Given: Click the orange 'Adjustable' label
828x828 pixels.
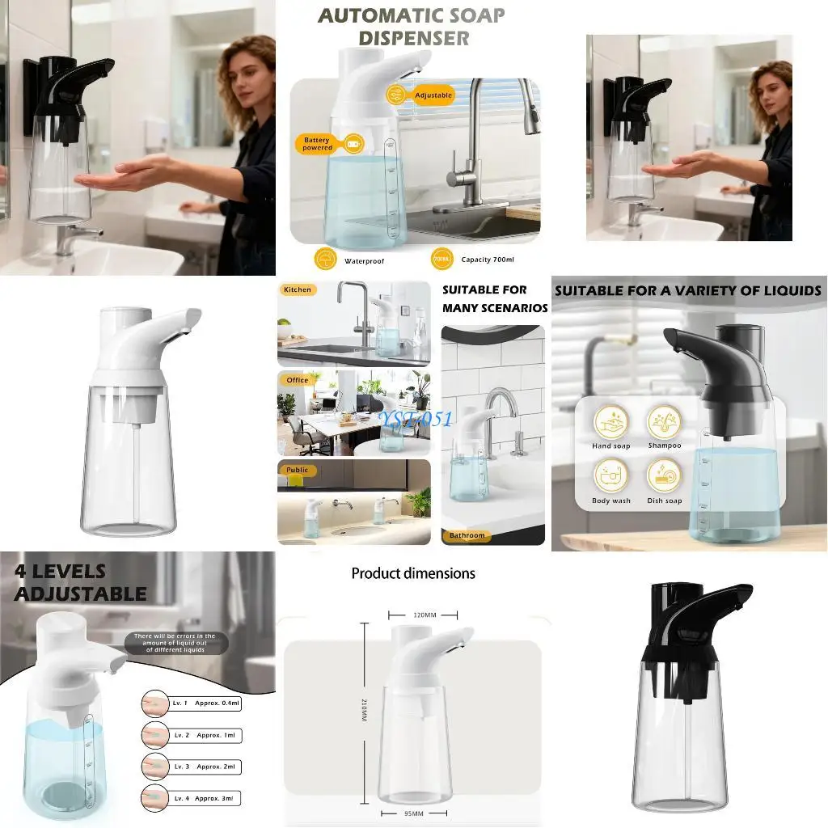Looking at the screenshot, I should point(433,95).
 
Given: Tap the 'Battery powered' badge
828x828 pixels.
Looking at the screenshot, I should point(318,144).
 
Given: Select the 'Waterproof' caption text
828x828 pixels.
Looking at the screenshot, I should point(363,261).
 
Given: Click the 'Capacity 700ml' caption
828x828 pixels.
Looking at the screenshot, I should point(487,260).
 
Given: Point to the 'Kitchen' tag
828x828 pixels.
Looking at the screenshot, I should point(297,289).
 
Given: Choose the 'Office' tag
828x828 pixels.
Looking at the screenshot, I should point(297,380).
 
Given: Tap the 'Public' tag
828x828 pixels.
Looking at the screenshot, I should point(297,470).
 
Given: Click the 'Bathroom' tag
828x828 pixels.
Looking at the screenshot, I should point(467,535).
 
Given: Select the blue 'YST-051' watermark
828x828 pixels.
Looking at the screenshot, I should point(417,417).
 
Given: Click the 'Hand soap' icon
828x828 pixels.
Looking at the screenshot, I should point(611,423).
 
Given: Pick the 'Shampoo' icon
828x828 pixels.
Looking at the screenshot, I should point(664,423).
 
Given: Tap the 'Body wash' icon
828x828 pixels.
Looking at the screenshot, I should point(611,476).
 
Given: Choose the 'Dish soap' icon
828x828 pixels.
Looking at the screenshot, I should point(664,477).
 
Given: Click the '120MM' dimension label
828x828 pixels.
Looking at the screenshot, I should point(425,615).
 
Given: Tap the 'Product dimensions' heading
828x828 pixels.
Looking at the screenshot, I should point(413,573).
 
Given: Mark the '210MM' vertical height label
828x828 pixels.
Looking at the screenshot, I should point(364,711).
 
